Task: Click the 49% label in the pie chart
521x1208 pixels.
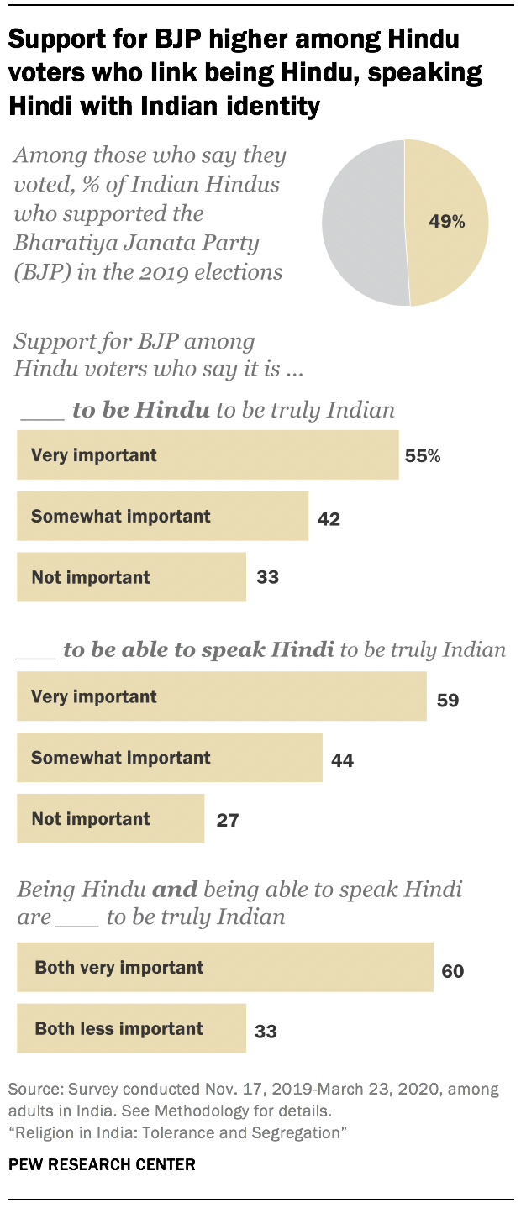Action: point(447,222)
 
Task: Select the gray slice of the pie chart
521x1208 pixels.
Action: point(361,223)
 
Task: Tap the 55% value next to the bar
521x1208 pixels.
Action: point(423,456)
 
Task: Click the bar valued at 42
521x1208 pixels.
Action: point(162,517)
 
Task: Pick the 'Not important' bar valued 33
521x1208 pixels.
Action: point(131,577)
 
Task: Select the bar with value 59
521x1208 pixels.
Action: point(221,697)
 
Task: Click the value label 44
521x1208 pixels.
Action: point(342,760)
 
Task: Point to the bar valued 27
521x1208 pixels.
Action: point(110,819)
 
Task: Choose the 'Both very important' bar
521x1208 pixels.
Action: point(224,968)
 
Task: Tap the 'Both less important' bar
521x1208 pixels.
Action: point(131,1028)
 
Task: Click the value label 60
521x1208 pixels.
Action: point(453,971)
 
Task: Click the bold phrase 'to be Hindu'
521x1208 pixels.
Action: point(140,410)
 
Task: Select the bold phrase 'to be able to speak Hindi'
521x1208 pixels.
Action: point(198,650)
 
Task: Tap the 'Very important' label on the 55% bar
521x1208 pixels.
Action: point(94,455)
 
